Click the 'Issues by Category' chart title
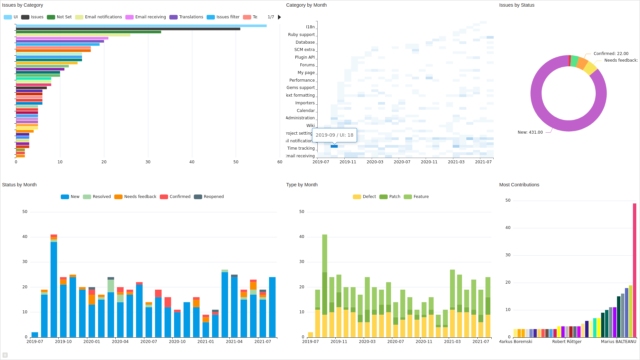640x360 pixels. [x=22, y=5]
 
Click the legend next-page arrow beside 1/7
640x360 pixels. [x=279, y=17]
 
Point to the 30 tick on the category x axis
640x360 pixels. [x=148, y=162]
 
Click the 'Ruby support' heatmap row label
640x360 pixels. [x=301, y=35]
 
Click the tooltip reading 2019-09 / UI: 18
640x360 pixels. [x=334, y=135]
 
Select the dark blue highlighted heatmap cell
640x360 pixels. [x=334, y=146]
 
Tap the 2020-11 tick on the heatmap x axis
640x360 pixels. [x=429, y=162]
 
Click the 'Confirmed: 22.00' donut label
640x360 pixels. [x=611, y=54]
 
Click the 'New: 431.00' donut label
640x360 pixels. [x=530, y=132]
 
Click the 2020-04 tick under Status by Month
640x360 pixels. [x=120, y=342]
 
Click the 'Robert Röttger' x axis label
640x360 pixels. [x=567, y=342]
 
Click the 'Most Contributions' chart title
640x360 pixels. [x=519, y=185]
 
